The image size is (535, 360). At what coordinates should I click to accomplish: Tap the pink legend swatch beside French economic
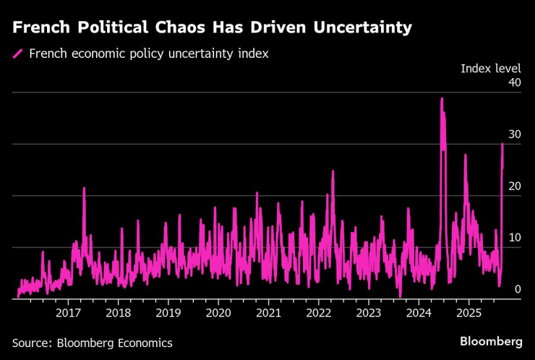(18, 53)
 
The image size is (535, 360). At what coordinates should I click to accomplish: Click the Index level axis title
(491, 68)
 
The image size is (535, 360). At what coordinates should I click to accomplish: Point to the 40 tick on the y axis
(515, 82)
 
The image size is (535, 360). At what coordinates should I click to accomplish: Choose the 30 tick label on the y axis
(515, 134)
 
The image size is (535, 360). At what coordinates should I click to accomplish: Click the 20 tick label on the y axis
(515, 186)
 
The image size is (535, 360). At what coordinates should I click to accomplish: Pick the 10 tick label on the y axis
(515, 238)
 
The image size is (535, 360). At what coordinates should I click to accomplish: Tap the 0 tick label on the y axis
(518, 289)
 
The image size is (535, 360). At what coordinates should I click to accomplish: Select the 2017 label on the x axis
(68, 312)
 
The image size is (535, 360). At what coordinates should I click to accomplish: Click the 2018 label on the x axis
(118, 312)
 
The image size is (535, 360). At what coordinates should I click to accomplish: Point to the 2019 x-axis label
(168, 312)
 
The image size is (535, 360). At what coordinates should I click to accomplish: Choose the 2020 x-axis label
(218, 312)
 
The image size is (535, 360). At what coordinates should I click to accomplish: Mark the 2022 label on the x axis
(318, 312)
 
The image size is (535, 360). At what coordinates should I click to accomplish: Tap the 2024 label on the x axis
(419, 312)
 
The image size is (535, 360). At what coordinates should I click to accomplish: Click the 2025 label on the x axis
(468, 312)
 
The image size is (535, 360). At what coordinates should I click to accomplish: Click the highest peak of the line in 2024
(442, 98)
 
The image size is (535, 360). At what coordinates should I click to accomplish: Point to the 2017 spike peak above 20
(84, 188)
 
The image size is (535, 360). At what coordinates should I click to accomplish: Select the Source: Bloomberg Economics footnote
(93, 343)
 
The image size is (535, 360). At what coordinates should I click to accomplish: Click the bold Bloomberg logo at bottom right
(491, 341)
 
